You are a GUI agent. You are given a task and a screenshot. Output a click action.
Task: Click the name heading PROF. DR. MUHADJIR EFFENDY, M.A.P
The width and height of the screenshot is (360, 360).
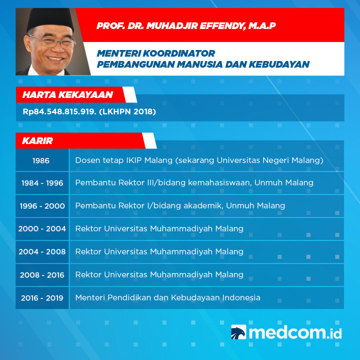tap(186, 25)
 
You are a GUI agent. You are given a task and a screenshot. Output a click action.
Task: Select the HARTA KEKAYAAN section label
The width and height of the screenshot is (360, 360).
tap(67, 94)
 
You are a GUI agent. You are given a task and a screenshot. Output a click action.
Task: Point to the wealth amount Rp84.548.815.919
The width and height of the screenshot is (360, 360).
tap(59, 111)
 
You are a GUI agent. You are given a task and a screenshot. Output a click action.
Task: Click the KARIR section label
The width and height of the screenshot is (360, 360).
tap(37, 140)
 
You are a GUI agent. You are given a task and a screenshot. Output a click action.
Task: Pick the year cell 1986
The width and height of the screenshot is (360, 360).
tap(41, 160)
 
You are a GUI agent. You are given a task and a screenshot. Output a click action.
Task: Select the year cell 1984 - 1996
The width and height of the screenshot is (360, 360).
tap(42, 183)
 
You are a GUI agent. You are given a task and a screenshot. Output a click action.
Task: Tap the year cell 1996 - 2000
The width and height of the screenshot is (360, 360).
tap(42, 206)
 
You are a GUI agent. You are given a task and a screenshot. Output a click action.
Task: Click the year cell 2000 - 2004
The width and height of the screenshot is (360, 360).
tap(42, 229)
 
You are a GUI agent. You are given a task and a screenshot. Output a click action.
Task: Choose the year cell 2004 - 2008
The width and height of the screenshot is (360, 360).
tap(42, 252)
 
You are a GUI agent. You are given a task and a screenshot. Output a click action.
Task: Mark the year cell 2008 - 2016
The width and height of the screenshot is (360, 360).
tap(42, 275)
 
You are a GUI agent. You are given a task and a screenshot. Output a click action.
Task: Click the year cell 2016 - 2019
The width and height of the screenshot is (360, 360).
tap(42, 298)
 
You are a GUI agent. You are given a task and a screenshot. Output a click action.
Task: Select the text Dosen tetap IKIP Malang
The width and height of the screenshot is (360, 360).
tap(123, 160)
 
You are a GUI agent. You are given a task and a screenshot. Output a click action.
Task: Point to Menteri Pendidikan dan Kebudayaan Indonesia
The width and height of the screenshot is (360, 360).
tap(167, 297)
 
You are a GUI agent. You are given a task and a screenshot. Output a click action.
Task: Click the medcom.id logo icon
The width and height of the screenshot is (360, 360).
tap(238, 332)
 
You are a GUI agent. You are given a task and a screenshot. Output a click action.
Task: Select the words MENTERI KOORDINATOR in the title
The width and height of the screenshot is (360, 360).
tap(156, 53)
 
